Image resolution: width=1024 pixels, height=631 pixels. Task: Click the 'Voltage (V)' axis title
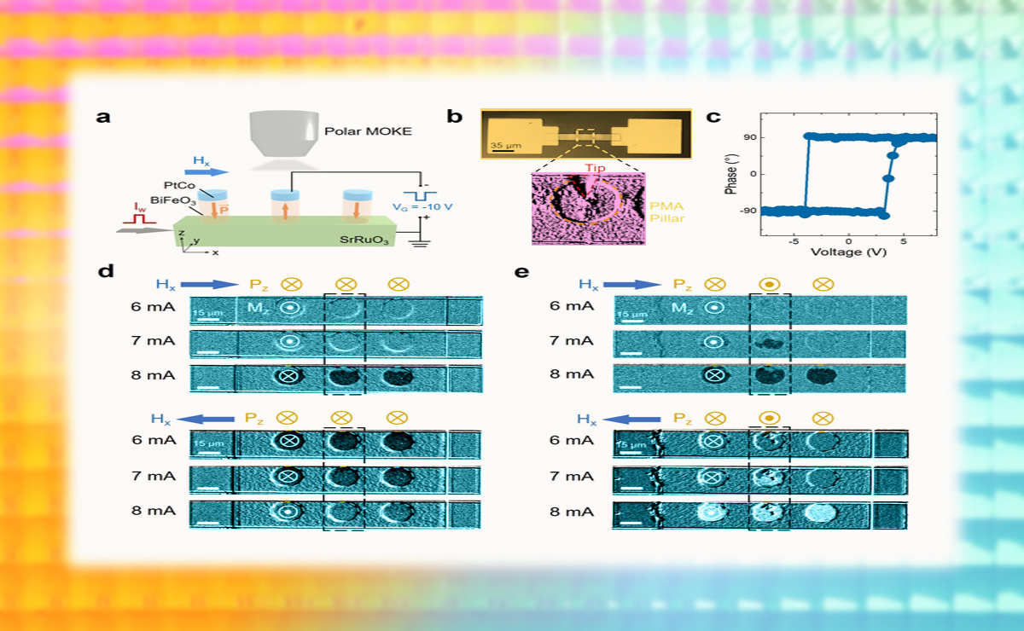tap(848, 252)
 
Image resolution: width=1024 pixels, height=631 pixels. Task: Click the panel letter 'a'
tap(104, 117)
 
